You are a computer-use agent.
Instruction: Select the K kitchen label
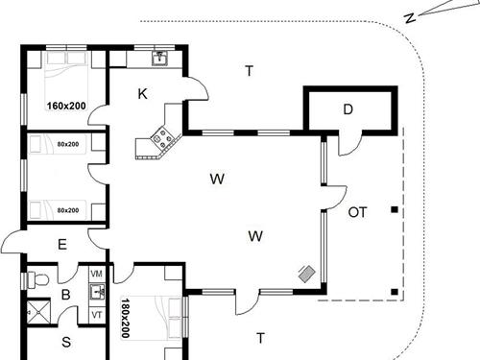[x=142, y=93]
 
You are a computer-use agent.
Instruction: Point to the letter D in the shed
[x=348, y=109]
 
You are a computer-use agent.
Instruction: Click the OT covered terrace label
[x=357, y=211]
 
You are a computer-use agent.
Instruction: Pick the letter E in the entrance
[x=61, y=244]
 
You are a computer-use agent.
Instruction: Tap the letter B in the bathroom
[x=66, y=295]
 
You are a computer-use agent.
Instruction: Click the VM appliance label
[x=96, y=275]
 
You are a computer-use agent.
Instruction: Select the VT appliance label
[x=96, y=314]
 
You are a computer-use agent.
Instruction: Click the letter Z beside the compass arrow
[x=409, y=17]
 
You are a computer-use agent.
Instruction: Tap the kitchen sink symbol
[x=159, y=59]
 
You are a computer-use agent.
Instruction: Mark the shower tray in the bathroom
[x=37, y=311]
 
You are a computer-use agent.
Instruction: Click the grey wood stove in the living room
[x=306, y=274]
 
